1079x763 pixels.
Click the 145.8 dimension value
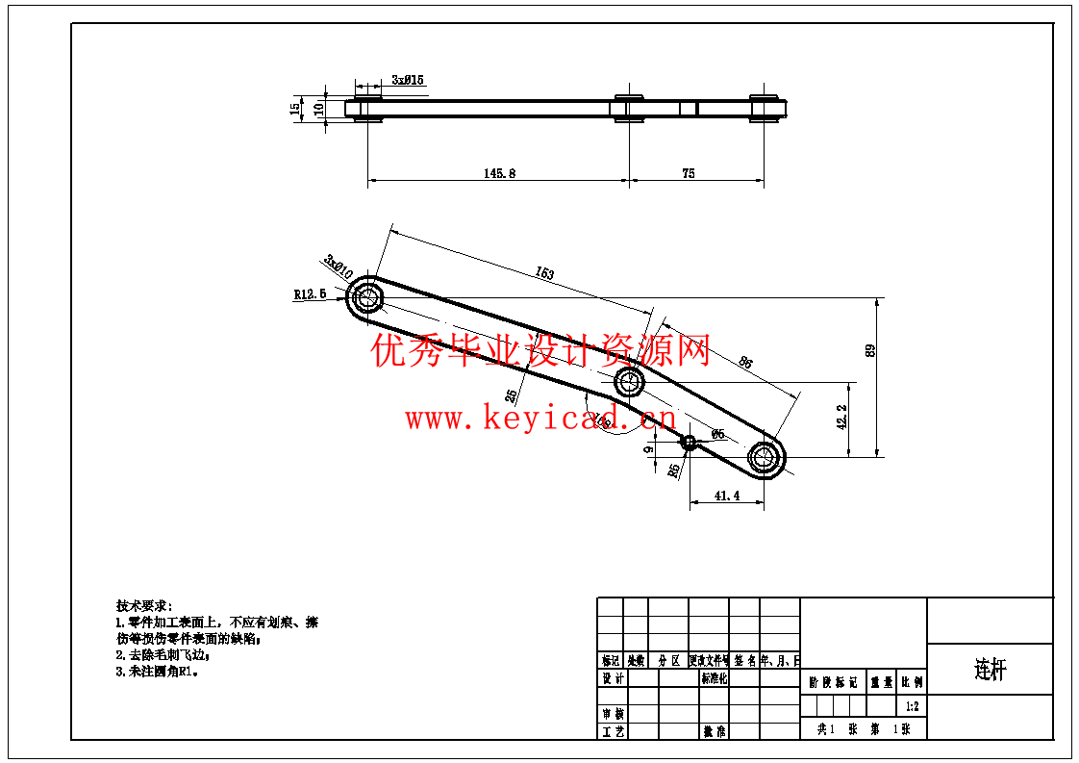click(x=499, y=174)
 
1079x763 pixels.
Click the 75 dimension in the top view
click(x=689, y=174)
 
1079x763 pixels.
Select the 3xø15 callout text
click(x=408, y=80)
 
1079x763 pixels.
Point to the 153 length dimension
click(x=544, y=273)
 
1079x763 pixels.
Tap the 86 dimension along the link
click(x=745, y=363)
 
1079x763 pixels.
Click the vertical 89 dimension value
click(x=870, y=350)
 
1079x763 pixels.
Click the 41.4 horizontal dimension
click(x=727, y=496)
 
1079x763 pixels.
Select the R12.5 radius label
click(x=310, y=293)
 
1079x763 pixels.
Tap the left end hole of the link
click(x=366, y=297)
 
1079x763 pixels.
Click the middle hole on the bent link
click(x=630, y=381)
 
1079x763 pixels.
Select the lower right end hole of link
click(x=765, y=456)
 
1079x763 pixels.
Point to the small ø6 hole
click(x=689, y=443)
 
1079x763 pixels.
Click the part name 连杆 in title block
click(x=990, y=670)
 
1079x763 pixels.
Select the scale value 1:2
click(x=912, y=706)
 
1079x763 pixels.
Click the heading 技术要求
click(x=143, y=606)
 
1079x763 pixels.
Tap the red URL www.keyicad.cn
click(x=540, y=420)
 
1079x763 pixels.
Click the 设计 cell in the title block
click(x=614, y=678)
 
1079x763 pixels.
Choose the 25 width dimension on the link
click(x=512, y=394)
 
